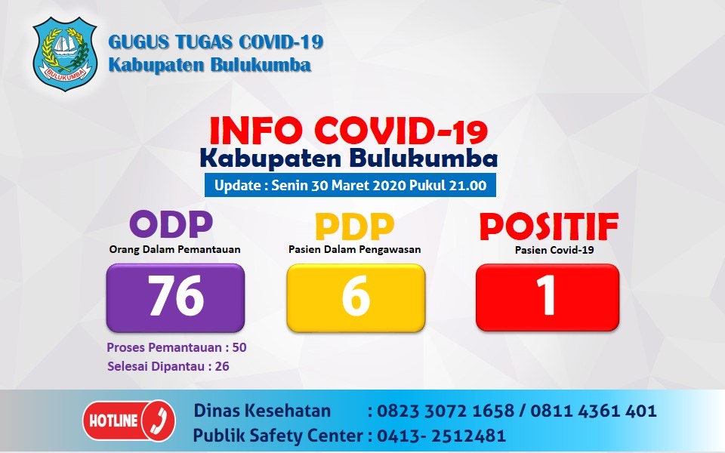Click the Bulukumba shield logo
pyautogui.click(x=65, y=54)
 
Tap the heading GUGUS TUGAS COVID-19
pyautogui.click(x=216, y=42)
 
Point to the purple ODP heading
pyautogui.click(x=172, y=224)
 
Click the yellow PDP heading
pyautogui.click(x=354, y=226)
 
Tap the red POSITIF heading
pyautogui.click(x=548, y=225)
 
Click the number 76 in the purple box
pyautogui.click(x=175, y=296)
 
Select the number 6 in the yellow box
pyautogui.click(x=356, y=297)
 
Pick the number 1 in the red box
pyautogui.click(x=547, y=297)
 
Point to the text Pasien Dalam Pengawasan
pyautogui.click(x=354, y=248)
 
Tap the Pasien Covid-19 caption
pyautogui.click(x=548, y=248)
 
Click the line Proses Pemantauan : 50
pyautogui.click(x=176, y=348)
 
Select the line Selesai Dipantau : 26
pyautogui.click(x=167, y=366)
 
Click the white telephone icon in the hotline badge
pyautogui.click(x=158, y=421)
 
